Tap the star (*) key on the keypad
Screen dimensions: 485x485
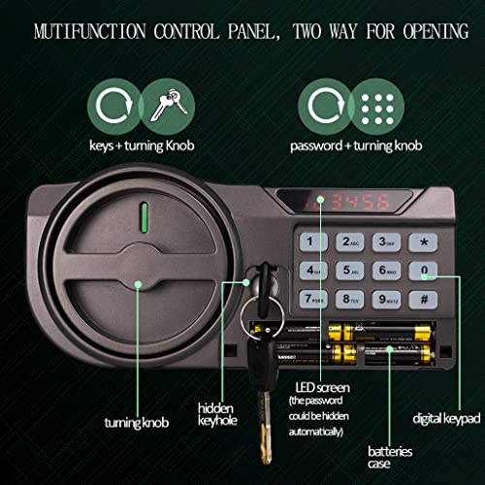(422, 242)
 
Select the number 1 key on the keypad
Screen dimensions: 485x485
(312, 242)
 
